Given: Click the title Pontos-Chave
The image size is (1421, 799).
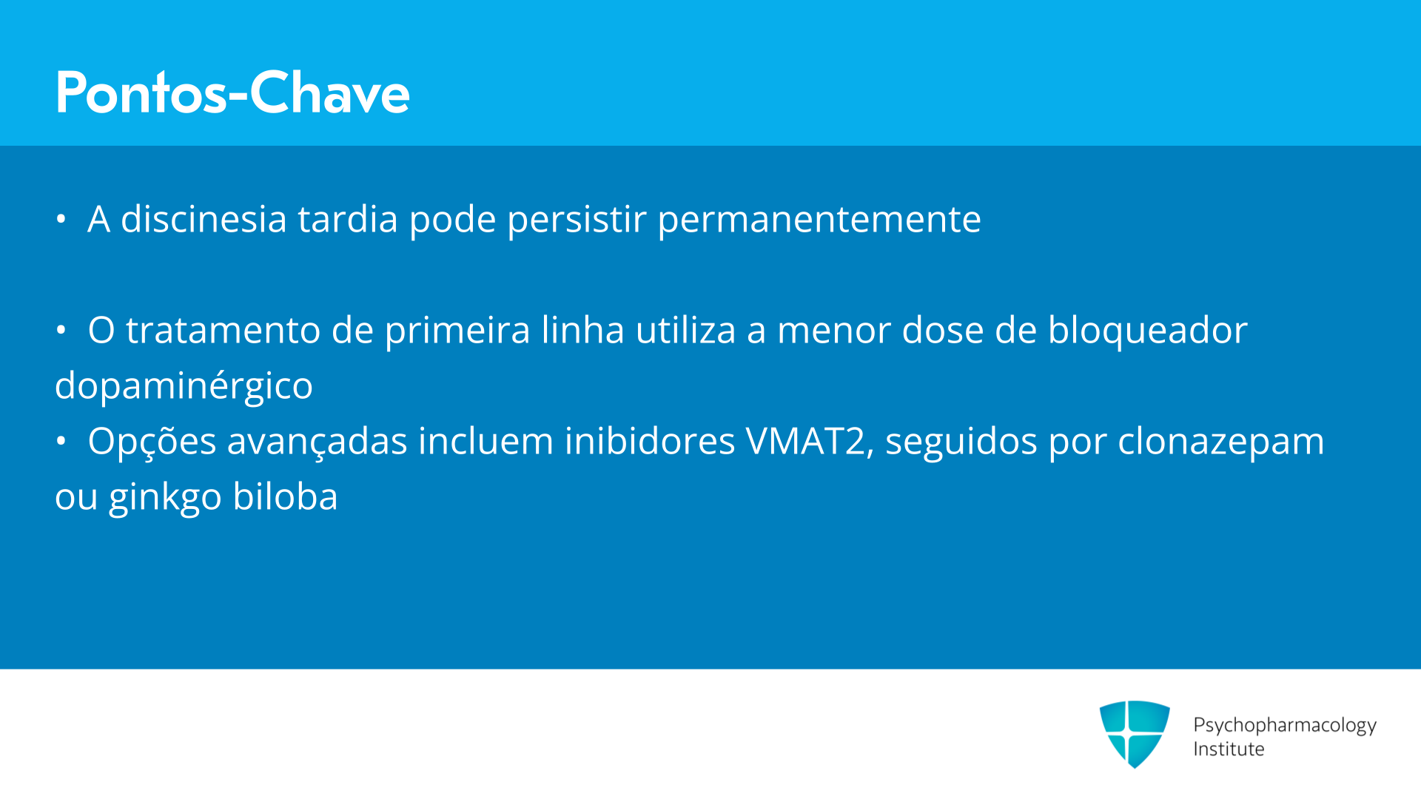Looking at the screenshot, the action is [x=232, y=92].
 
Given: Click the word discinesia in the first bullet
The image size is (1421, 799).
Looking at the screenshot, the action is [x=204, y=219].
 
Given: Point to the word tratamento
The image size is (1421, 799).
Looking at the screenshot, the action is [x=223, y=330].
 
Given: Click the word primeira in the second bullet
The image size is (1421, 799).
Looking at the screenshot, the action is [x=457, y=331].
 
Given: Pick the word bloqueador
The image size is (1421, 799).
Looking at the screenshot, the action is [x=1148, y=331].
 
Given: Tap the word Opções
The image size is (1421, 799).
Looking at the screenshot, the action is [x=152, y=442].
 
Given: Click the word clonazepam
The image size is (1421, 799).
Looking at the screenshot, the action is [x=1220, y=442].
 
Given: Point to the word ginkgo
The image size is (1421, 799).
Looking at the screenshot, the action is [x=165, y=498].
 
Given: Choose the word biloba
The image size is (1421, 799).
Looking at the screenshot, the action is [x=285, y=496].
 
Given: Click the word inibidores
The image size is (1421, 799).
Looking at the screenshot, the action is [x=650, y=441].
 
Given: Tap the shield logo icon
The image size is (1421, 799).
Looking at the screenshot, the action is [x=1135, y=734].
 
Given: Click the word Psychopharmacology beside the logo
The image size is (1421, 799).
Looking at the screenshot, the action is [x=1285, y=726].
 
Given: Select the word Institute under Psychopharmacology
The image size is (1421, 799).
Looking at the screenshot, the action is [x=1229, y=749].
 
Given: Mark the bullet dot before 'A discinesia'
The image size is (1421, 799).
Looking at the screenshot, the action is [x=61, y=219].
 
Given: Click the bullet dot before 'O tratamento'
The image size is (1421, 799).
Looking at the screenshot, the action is [x=61, y=330].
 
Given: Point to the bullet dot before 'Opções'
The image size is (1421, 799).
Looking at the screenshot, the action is [x=61, y=441].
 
